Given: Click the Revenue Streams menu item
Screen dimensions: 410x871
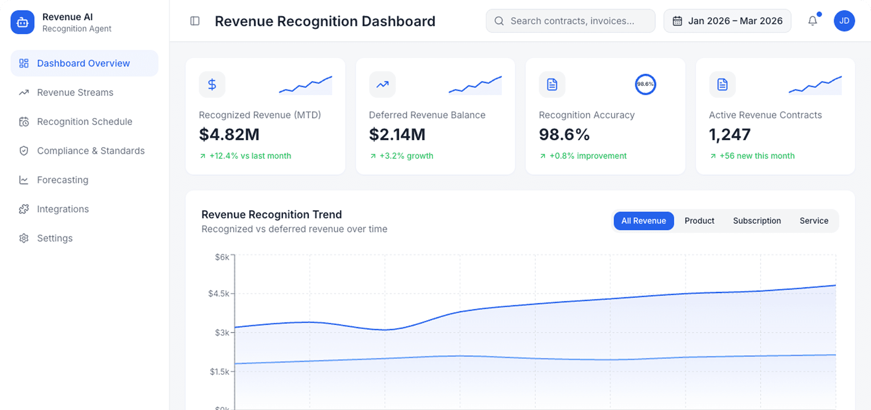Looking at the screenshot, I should point(75,93).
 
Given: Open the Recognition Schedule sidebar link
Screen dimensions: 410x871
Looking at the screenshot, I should point(84,122).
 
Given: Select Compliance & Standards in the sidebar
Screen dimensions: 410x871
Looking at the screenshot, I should point(90,151).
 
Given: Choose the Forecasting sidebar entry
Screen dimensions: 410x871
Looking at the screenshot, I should point(62,180).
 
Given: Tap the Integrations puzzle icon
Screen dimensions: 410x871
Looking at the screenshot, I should point(24,209).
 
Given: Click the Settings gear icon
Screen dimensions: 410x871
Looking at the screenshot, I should point(24,238).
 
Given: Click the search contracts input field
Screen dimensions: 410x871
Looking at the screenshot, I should point(571,21).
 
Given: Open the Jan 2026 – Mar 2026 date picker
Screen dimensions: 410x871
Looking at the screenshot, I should point(727,21).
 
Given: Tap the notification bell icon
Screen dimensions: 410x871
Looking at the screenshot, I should point(812,21).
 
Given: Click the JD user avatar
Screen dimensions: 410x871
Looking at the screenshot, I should point(844,21).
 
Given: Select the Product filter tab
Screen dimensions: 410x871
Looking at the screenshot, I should point(699,221).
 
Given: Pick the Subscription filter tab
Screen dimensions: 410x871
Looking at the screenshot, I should point(757,221).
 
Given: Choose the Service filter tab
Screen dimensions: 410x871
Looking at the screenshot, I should point(814,221).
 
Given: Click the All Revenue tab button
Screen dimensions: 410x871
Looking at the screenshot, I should point(643,221).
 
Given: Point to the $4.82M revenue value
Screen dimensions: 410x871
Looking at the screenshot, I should point(229,135).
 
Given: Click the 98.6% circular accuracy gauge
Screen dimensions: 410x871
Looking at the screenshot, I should point(645,84).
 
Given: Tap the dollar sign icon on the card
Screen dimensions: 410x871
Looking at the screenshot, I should point(212,85).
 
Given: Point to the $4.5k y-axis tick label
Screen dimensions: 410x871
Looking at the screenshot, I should point(219,294).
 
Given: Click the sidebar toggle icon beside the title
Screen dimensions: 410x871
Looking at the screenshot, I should point(195,21).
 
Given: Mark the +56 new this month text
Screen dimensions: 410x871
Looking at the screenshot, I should point(757,156).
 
